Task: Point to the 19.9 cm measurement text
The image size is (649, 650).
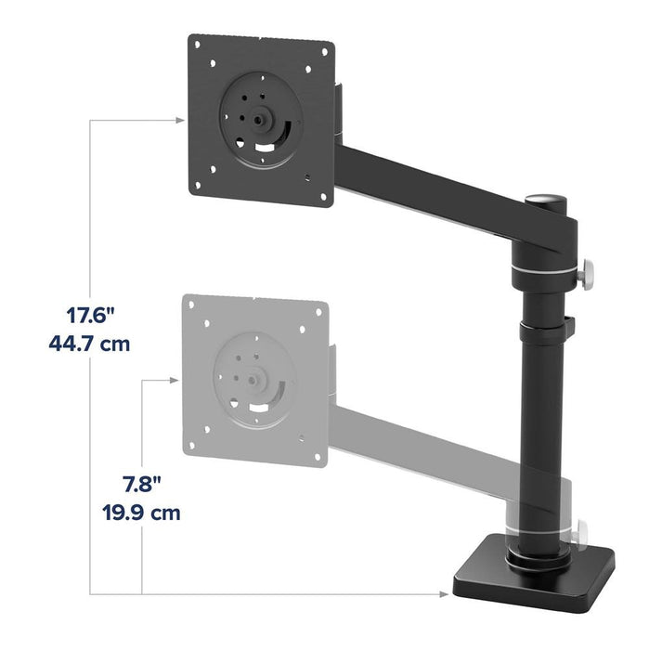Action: pos(141,513)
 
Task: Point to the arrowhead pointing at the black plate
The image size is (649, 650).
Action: pos(179,120)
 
